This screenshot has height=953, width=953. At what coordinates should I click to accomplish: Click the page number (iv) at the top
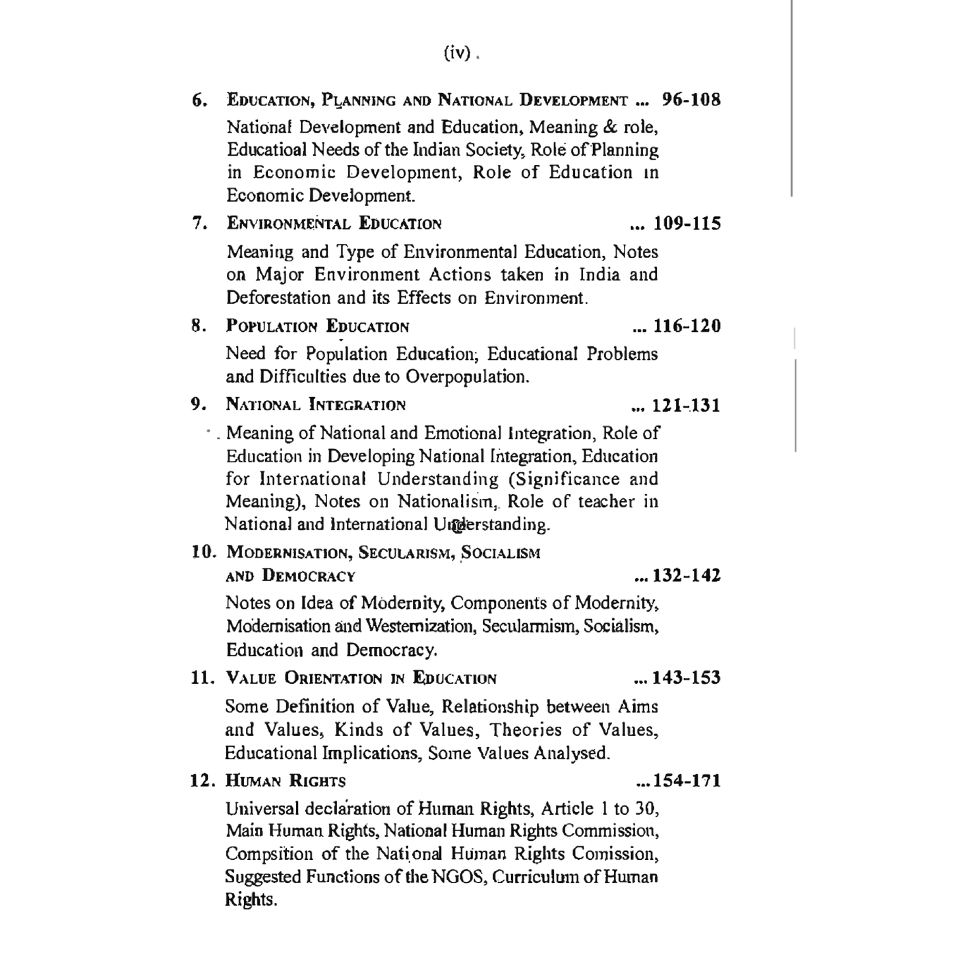pos(457,53)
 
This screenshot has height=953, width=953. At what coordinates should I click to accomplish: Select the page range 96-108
pos(691,100)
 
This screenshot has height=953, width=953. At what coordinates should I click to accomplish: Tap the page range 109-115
pos(687,224)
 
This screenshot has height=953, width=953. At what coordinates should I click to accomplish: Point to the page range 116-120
pos(687,326)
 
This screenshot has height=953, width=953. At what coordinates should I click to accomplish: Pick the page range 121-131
pos(686,405)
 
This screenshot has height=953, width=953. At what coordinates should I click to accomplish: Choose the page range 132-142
pos(687,576)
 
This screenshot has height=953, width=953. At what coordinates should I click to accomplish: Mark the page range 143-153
pos(687,678)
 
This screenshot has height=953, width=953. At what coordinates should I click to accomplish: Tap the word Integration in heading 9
pos(357,405)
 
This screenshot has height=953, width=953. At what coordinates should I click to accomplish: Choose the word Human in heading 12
pos(253,782)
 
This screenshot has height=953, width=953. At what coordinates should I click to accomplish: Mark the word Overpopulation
pos(466,377)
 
